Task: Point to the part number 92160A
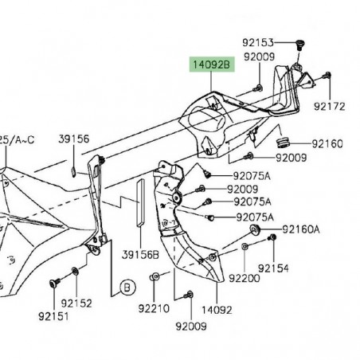[x=303, y=229]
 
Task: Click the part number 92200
[x=244, y=279]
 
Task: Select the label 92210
[x=155, y=308]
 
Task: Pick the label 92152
[x=79, y=303]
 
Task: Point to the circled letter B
[x=125, y=285]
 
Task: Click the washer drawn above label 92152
[x=76, y=271]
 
